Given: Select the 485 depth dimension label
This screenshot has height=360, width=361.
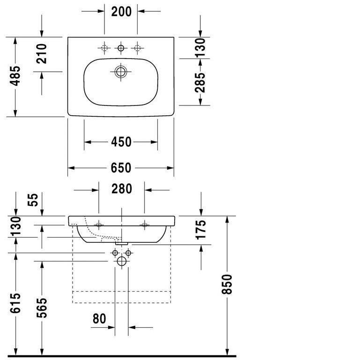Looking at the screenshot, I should (x=15, y=76).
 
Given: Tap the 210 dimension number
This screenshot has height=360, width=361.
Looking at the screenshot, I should (x=42, y=54).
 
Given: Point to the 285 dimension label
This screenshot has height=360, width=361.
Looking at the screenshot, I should (x=200, y=82).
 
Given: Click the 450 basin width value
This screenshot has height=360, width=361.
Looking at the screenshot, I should (x=121, y=142).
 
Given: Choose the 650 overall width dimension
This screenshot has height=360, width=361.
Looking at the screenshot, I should (x=121, y=168).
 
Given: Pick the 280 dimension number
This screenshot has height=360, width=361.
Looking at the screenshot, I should (x=121, y=189).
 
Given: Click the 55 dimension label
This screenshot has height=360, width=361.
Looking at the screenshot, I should (x=32, y=201).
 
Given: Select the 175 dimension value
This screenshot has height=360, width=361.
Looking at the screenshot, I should (x=200, y=230).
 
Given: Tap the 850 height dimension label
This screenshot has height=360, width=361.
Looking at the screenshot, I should (x=227, y=285).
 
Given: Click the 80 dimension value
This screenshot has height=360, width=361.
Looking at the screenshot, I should (x=99, y=319).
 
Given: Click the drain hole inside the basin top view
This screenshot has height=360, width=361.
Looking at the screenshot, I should (x=121, y=72).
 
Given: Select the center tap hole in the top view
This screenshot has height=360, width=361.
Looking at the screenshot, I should (x=121, y=48).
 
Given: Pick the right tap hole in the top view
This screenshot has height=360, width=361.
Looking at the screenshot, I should (x=137, y=48).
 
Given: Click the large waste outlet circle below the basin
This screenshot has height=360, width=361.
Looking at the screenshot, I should (x=122, y=262).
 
